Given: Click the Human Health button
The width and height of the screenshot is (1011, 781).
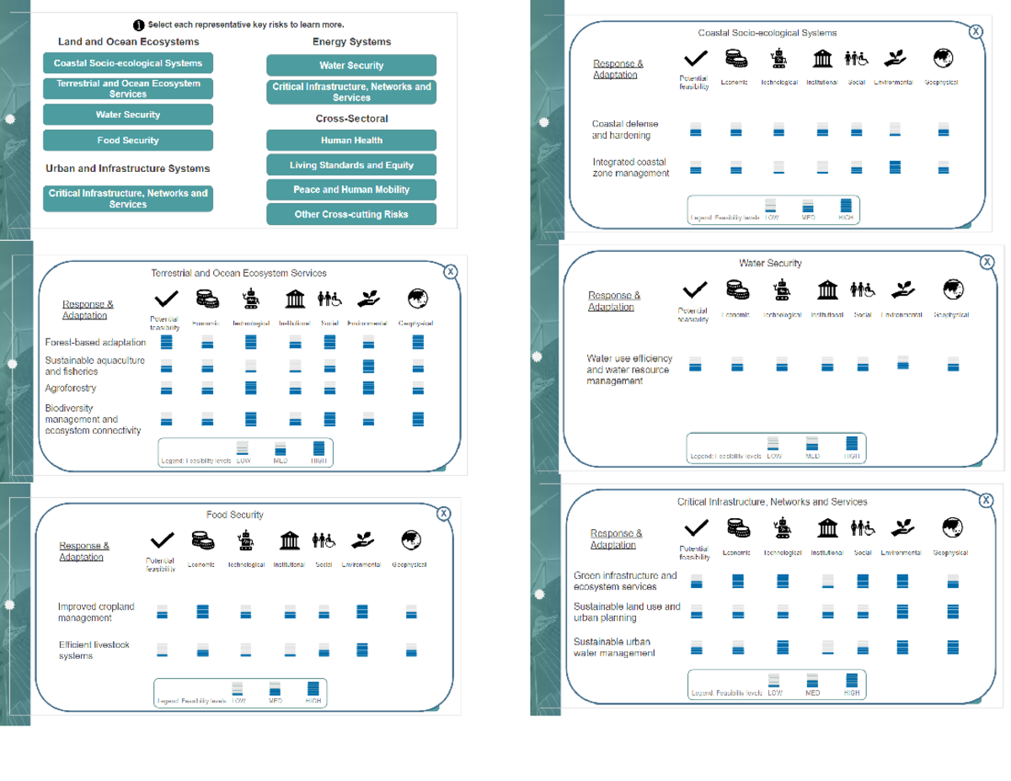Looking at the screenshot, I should [x=351, y=141].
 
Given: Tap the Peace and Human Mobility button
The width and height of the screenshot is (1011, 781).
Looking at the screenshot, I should [x=351, y=190].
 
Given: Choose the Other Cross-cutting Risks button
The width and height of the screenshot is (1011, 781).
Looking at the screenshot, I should [x=351, y=214].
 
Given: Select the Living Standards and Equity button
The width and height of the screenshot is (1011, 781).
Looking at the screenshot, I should [x=351, y=165].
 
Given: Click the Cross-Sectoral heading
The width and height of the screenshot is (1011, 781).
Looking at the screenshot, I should [x=351, y=119].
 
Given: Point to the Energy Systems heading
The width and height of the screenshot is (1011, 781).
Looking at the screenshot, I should [x=351, y=41].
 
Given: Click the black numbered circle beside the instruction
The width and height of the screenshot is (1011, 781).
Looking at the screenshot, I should [x=140, y=25].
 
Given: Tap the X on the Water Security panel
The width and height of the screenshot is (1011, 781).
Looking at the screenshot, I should [x=987, y=262].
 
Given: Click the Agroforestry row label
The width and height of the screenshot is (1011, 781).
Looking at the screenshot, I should [x=70, y=388].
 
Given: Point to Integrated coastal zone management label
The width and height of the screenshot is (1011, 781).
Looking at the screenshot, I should [x=630, y=168].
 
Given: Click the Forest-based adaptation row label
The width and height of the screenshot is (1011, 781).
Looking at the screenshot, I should [x=95, y=342].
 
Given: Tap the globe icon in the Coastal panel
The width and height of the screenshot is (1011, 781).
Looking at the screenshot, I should [x=944, y=57].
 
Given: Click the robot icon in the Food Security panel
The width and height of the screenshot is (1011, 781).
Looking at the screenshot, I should [x=246, y=538].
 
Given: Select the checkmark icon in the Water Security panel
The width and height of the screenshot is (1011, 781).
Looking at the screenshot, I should [x=694, y=291].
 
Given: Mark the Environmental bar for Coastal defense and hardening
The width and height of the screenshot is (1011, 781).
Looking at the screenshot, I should [x=896, y=130].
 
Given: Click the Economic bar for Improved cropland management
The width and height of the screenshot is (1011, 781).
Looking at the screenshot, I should [x=202, y=612].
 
